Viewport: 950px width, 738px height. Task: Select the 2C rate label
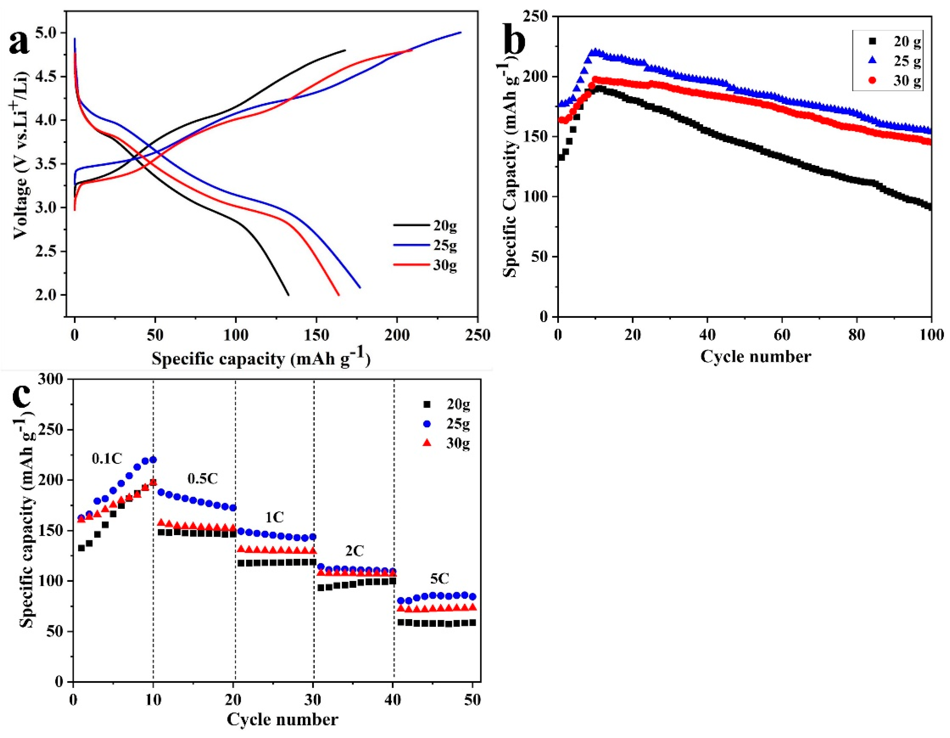click(355, 551)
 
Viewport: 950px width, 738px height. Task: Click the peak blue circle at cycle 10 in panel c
click(153, 459)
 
